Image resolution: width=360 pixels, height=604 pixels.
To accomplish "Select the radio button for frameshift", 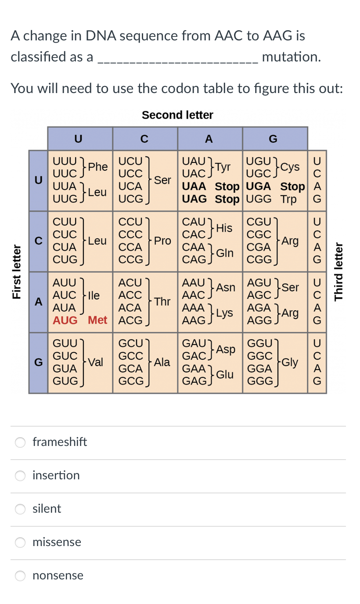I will coord(21,442).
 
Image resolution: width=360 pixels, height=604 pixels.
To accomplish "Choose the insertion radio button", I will coord(21,475).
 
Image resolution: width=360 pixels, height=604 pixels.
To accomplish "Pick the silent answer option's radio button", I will coord(21,509).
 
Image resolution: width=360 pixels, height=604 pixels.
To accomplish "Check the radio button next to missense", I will coord(21,542).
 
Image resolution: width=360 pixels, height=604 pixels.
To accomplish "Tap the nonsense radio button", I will coord(21,575).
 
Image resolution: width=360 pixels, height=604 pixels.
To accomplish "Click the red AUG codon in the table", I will coord(65,320).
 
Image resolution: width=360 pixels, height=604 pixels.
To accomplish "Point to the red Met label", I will coord(97,320).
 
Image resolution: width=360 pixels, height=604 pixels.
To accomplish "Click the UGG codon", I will coord(259,199).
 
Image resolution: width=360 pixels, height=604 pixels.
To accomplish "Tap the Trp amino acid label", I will coord(288,199).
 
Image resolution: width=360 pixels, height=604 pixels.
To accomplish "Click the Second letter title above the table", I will coord(177,115).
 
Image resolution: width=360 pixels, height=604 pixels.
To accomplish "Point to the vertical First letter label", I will coord(17,272).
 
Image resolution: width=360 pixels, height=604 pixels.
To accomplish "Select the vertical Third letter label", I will coord(338,272).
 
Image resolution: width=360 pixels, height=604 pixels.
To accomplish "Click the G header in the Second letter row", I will coord(273,139).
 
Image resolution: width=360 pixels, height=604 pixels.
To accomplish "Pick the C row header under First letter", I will coord(39,241).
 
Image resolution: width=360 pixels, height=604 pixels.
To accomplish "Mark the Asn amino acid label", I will coord(226,288).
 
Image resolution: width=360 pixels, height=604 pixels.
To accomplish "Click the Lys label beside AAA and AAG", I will coord(224,313).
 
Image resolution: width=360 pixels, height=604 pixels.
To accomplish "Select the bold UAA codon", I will coord(194,187).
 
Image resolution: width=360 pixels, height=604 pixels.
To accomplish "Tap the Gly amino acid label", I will coord(290,362).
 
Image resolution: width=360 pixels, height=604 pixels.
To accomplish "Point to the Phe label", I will coord(98,167).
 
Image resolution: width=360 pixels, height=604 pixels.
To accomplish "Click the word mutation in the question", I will coord(291,57).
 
